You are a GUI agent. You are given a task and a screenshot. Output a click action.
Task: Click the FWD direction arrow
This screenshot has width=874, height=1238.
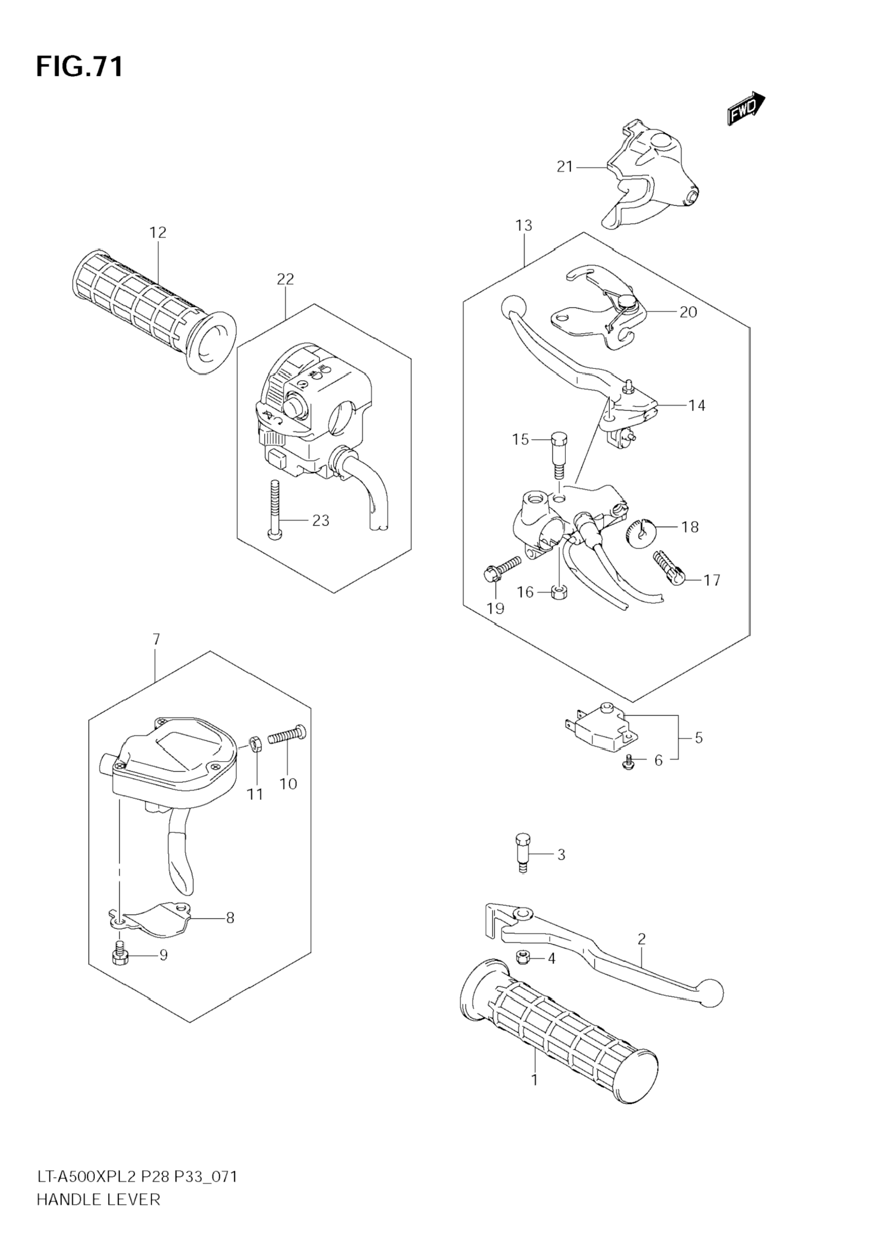click(746, 109)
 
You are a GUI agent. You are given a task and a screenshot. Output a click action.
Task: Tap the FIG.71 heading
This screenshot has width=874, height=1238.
click(80, 67)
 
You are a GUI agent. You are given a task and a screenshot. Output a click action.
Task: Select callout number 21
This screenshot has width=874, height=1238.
click(564, 167)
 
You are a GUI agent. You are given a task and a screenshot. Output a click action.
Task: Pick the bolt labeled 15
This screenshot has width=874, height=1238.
click(559, 455)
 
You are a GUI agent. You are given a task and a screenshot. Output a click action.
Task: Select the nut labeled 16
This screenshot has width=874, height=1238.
click(559, 594)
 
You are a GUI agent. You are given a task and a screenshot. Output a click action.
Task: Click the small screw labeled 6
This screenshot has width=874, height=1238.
click(628, 762)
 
